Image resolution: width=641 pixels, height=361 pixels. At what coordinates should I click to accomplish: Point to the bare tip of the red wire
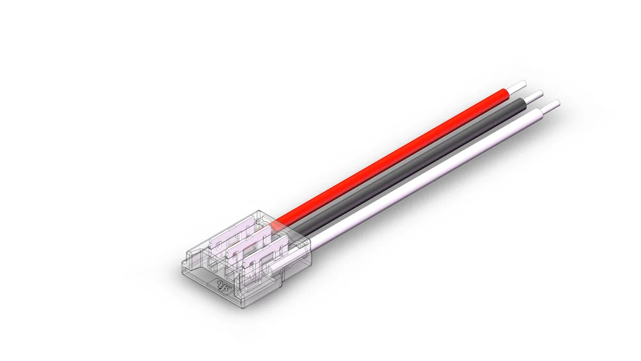(x=519, y=85)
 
